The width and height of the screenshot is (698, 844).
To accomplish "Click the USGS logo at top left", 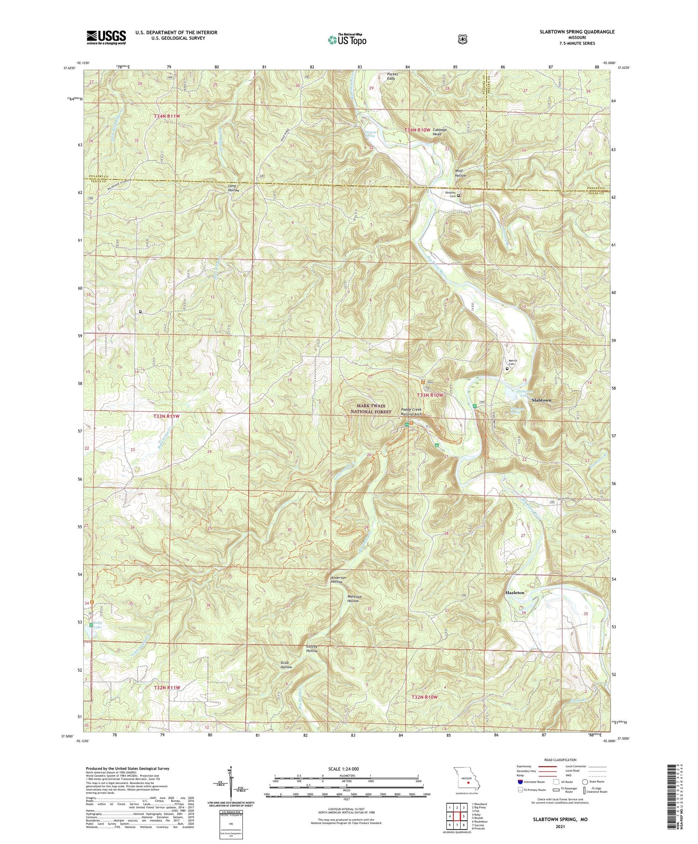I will point(106,37).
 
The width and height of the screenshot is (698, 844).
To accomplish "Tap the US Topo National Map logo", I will point(347,40).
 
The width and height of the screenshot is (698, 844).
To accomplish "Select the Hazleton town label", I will point(515,593).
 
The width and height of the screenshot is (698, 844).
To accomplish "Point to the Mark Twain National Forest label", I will point(371,409).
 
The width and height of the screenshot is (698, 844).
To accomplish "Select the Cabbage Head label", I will point(439,132).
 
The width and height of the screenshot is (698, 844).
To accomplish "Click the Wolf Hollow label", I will point(460,173).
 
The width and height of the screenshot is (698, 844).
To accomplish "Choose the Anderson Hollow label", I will point(338,580).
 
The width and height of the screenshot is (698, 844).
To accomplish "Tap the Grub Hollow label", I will point(286,665).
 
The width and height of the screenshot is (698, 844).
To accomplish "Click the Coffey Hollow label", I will point(312,648).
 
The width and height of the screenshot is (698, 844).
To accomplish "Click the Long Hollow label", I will point(234,188).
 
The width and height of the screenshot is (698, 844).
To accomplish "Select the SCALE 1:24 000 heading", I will point(344,769).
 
